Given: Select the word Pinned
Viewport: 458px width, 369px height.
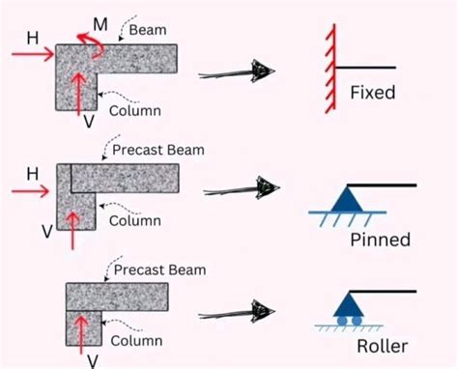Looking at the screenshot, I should point(379,239).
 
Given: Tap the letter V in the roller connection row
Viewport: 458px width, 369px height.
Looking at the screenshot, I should point(93,359).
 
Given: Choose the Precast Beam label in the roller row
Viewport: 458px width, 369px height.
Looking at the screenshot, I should point(159,270).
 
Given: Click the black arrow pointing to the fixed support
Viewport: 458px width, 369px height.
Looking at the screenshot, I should point(238,71).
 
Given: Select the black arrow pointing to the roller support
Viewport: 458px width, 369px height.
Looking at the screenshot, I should point(238,313).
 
